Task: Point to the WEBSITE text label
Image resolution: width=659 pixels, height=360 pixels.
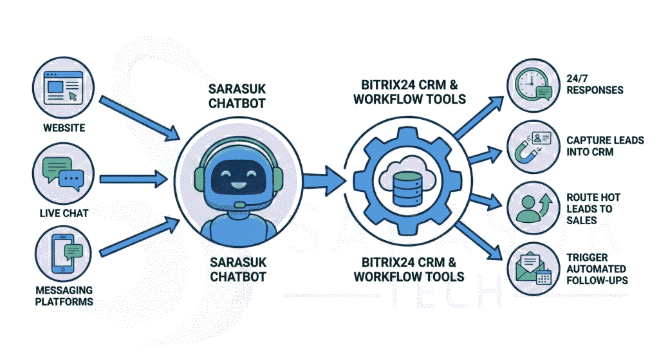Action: pos(64,128)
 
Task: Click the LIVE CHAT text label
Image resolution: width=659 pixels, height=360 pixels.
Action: pos(63,213)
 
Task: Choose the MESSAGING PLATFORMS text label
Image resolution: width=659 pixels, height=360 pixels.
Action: pos(64,296)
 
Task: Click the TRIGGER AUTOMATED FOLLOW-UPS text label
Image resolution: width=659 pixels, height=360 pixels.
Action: pos(597,268)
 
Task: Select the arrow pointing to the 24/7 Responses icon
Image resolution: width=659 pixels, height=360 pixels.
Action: pos(479,116)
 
